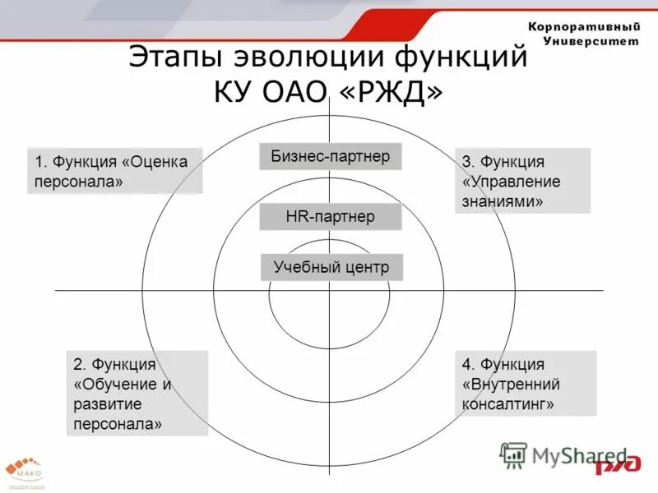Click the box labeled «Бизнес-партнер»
[331, 156]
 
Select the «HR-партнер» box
[330, 217]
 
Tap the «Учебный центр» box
[331, 267]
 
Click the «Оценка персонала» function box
[114, 171]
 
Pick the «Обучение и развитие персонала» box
[137, 394]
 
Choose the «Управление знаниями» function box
[522, 181]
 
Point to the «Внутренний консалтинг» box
[526, 383]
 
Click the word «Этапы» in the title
[178, 58]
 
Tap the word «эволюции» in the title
[312, 58]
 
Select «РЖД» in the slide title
[396, 92]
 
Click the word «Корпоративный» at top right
[584, 27]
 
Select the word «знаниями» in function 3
[503, 200]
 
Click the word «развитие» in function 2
[108, 404]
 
